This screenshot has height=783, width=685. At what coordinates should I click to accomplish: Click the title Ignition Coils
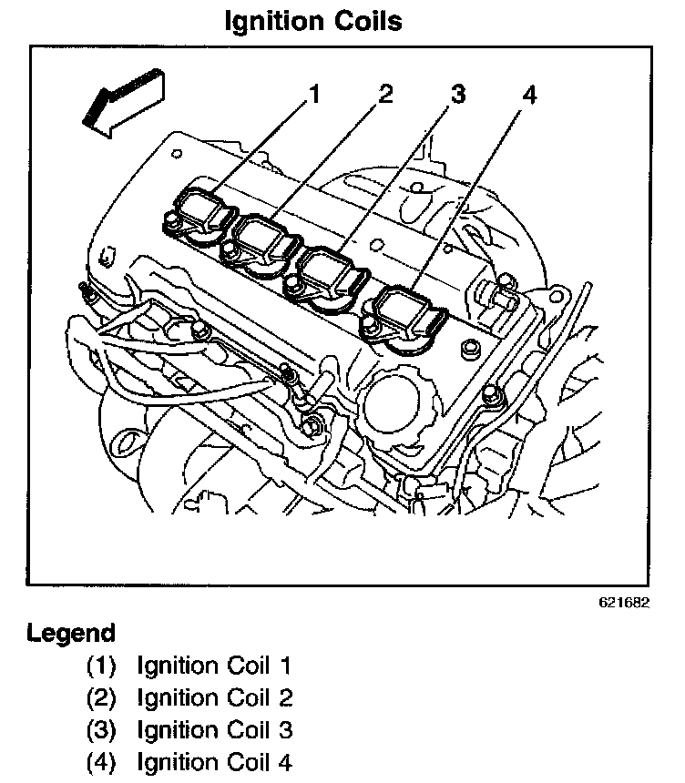(x=313, y=20)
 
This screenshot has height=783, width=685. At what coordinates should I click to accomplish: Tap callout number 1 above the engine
(x=314, y=93)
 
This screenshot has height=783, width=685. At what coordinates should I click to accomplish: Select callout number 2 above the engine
(x=385, y=93)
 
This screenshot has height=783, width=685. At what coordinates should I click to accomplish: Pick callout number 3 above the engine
(x=457, y=93)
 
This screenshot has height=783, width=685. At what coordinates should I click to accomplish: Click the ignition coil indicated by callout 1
(x=202, y=211)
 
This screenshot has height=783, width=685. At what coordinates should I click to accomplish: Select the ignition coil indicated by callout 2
(x=267, y=239)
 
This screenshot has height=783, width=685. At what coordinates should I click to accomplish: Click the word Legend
(x=71, y=633)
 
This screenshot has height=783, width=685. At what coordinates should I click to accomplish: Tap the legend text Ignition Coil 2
(x=215, y=698)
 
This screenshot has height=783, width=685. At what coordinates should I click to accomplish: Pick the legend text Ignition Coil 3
(x=215, y=730)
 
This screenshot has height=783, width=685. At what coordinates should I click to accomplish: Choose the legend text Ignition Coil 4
(x=215, y=762)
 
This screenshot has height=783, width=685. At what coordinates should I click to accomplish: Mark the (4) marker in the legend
(x=101, y=762)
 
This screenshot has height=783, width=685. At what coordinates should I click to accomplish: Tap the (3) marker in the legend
(x=101, y=730)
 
